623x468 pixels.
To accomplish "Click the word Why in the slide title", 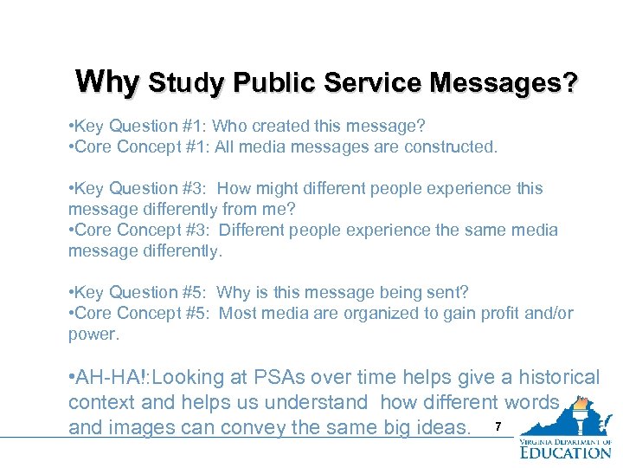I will point(107,82).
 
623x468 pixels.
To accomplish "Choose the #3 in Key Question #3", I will point(194,189).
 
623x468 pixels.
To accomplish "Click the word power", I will point(92,335).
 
